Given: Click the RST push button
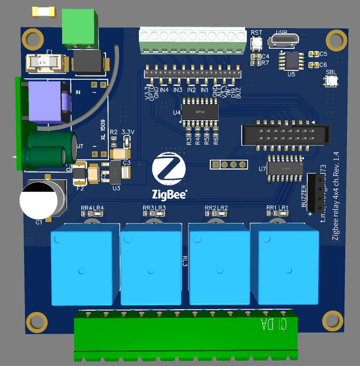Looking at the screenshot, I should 256,42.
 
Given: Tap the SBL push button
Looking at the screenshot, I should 331,81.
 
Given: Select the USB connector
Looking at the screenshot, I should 284,40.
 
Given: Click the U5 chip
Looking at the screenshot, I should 291,60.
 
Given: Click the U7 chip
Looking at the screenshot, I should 285,168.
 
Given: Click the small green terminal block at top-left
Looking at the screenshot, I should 80,28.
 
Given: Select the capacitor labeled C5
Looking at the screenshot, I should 313,54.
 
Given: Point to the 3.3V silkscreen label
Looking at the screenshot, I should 129,132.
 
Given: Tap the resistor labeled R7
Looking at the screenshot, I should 256,63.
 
